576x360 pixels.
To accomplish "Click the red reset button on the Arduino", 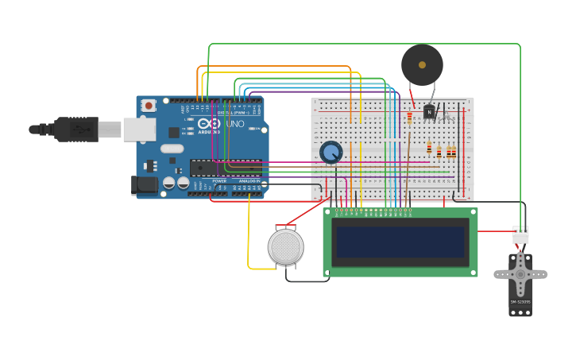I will (x=148, y=106).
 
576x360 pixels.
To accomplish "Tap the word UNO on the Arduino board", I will (x=235, y=124).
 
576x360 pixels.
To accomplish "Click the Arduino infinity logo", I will (x=209, y=124).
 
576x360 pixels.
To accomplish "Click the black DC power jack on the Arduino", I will (x=143, y=185).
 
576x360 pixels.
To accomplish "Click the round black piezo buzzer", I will (x=422, y=64).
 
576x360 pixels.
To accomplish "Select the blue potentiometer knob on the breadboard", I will (x=331, y=152).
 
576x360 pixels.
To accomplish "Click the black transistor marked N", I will (x=430, y=112).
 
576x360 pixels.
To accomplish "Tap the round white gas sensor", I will (x=286, y=246).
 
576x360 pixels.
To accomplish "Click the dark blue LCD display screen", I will (x=400, y=242).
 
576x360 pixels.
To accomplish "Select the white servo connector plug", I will (x=520, y=235).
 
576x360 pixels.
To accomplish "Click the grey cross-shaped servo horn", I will (x=520, y=274).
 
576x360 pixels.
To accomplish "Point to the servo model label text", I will (x=520, y=302).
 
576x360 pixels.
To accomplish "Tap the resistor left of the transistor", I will (x=410, y=118).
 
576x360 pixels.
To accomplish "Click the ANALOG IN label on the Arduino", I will (x=249, y=181).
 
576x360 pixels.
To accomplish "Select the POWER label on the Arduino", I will (x=219, y=181).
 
